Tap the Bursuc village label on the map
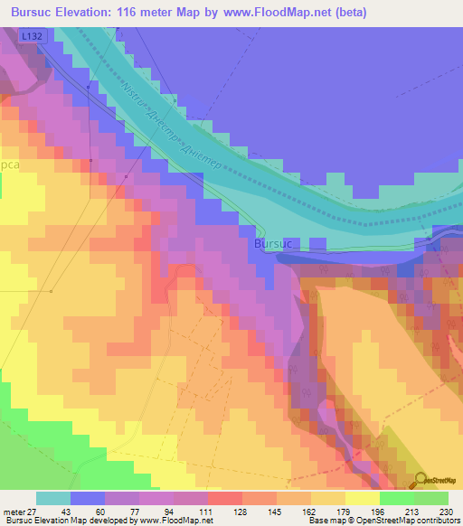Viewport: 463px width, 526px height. tap(274, 244)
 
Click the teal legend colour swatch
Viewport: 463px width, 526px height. tap(53, 498)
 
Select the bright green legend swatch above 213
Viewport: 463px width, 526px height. tap(397, 498)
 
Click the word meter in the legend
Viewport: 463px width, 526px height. tap(14, 511)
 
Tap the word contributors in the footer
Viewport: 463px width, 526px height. tap(437, 521)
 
